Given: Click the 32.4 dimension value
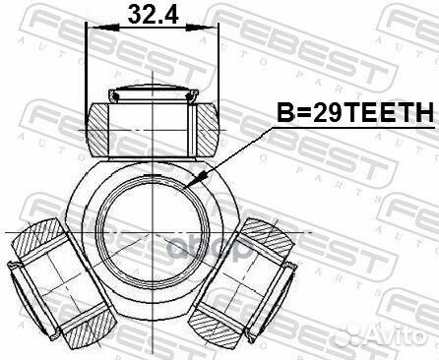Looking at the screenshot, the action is (x=153, y=15).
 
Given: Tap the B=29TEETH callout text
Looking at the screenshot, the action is (x=355, y=113).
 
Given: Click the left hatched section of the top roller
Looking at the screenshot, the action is (x=97, y=129).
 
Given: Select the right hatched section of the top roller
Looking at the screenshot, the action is (x=208, y=129).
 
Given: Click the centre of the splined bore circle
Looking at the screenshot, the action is (x=153, y=231).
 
